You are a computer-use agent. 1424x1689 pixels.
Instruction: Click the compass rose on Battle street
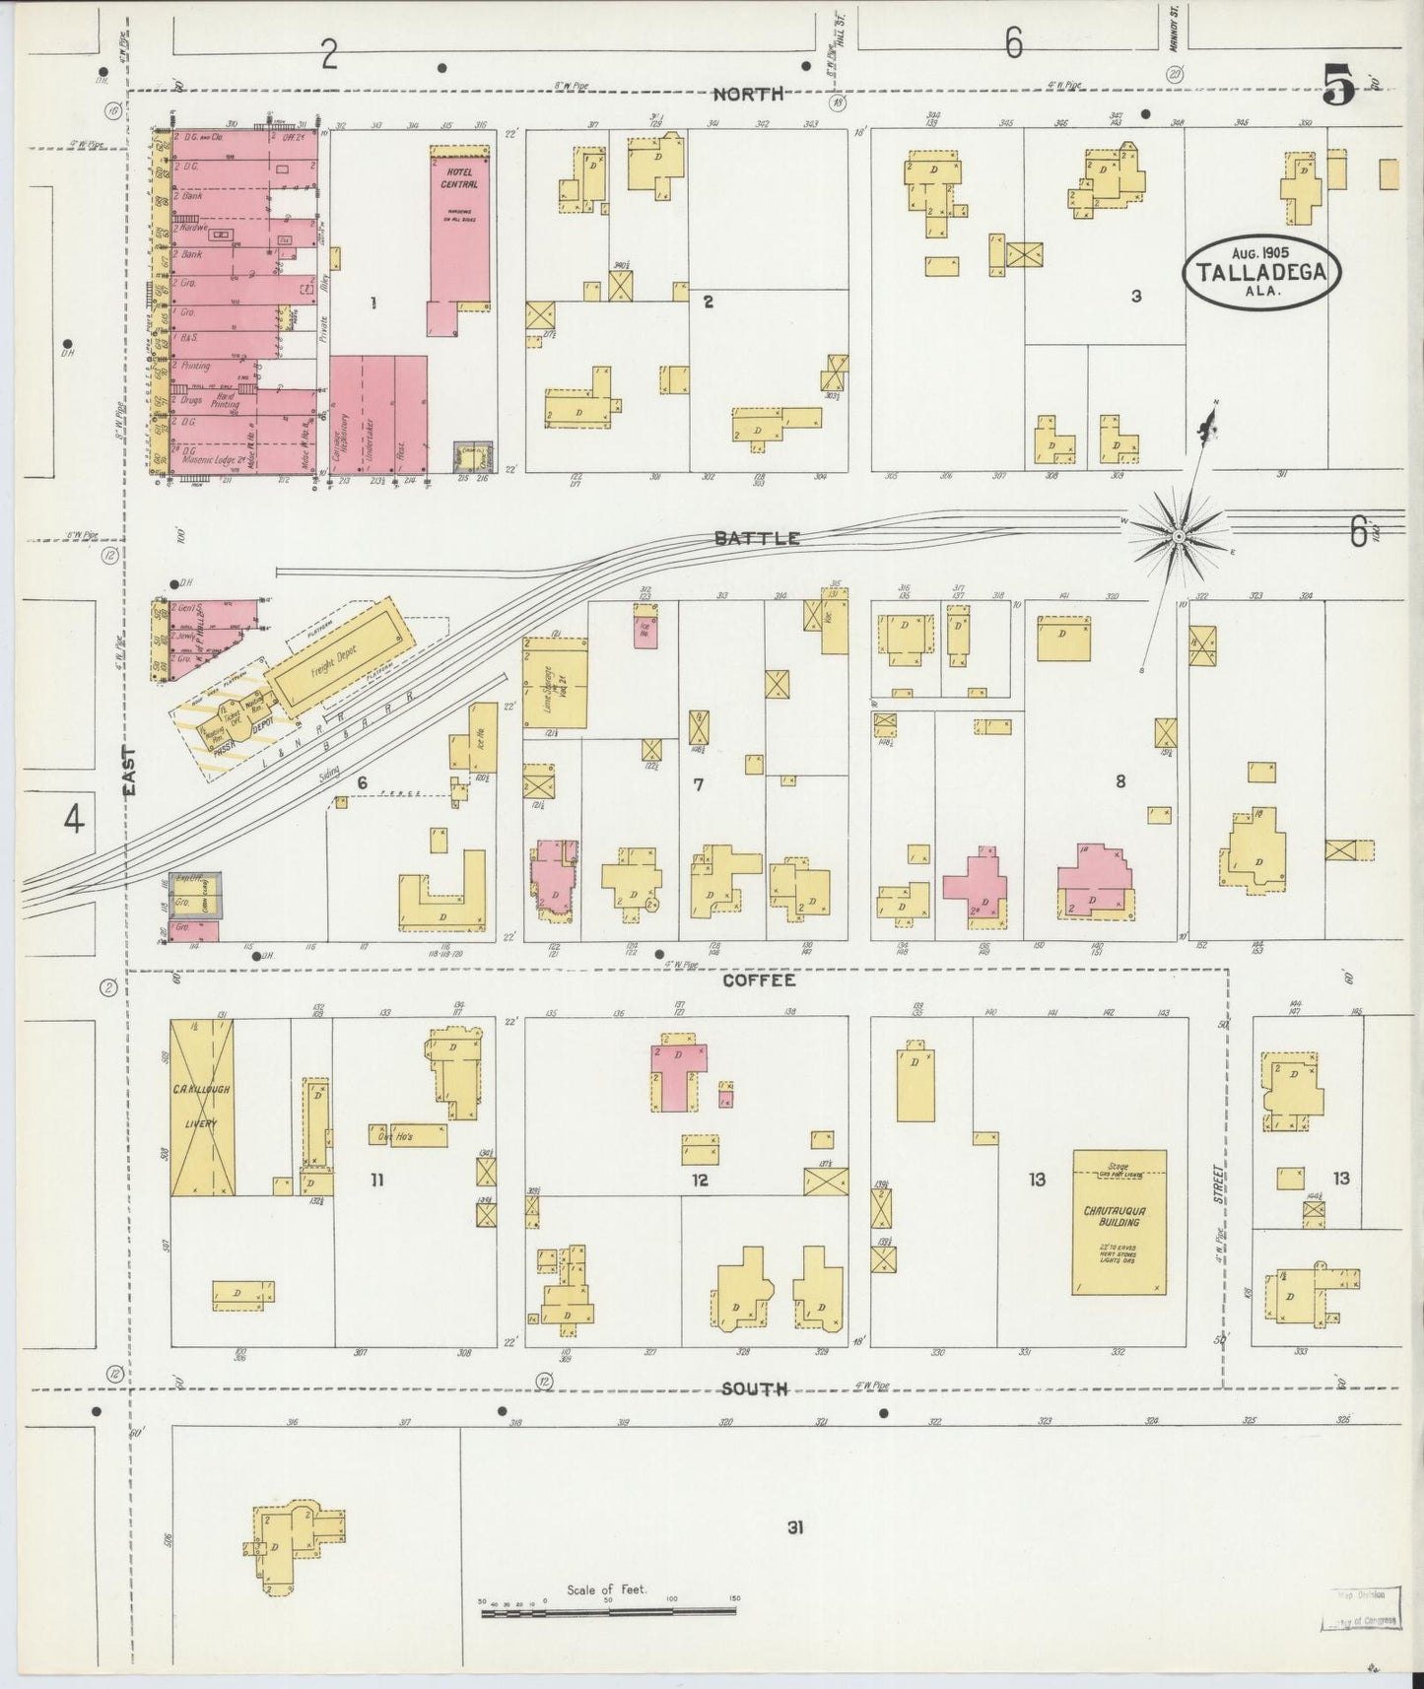click(1179, 535)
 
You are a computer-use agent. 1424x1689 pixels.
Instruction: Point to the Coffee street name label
click(758, 980)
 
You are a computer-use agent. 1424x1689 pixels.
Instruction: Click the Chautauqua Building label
click(1118, 1215)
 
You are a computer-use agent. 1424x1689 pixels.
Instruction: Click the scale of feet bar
click(608, 1611)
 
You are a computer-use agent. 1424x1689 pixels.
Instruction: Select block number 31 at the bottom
click(794, 1528)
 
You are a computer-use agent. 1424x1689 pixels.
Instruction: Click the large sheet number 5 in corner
click(1340, 86)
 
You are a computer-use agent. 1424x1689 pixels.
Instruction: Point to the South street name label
click(754, 1389)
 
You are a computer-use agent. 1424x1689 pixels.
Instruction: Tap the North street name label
click(748, 94)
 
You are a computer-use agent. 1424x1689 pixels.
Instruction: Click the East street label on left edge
click(132, 770)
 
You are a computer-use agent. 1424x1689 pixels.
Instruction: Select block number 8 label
click(1120, 781)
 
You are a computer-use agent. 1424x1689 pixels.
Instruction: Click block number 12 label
click(699, 1179)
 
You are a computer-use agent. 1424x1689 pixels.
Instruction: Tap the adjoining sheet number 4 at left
click(74, 818)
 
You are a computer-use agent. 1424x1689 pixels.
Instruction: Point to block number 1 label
click(373, 303)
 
